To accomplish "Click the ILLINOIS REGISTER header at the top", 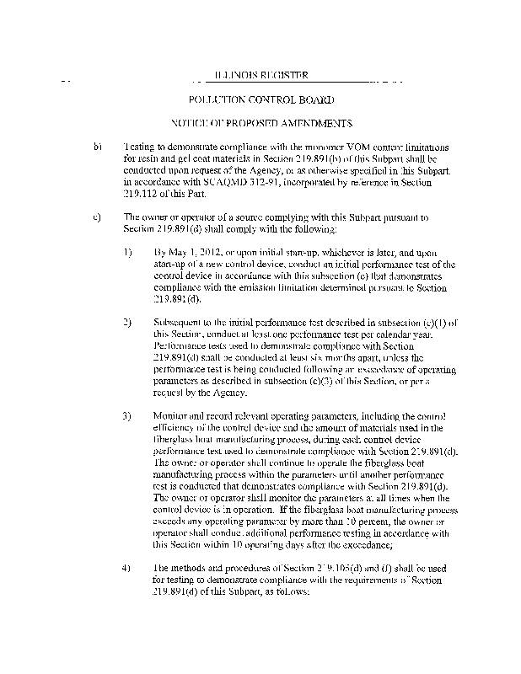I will (x=260, y=76).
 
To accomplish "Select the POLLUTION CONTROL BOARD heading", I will (x=260, y=100).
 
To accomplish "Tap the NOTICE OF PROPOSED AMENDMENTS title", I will (x=260, y=124).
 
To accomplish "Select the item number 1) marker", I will (x=127, y=251).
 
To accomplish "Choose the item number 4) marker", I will (x=127, y=566).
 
